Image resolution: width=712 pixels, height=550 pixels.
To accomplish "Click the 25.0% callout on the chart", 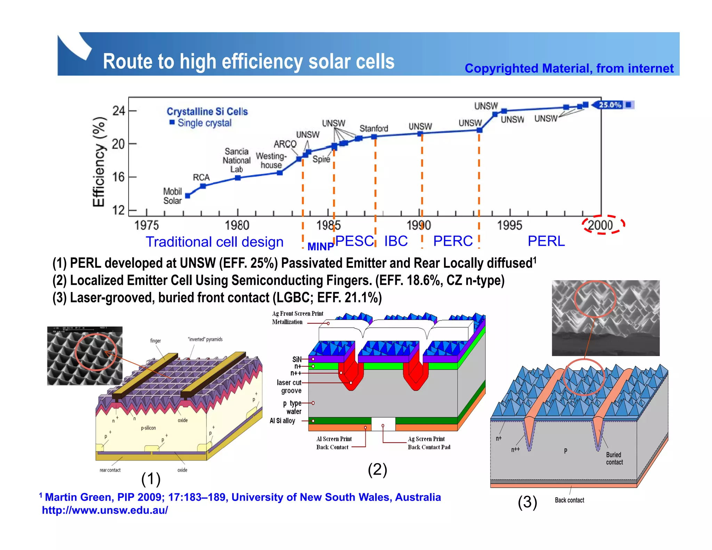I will tap(610, 105).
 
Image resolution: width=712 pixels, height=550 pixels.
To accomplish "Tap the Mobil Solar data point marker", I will tap(188, 196).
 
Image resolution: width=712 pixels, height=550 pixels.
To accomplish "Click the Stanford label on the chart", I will tap(374, 128).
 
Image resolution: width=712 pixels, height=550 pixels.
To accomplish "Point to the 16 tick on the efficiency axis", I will tap(119, 177).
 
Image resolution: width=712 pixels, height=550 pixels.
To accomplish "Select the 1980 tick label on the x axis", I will tap(237, 225).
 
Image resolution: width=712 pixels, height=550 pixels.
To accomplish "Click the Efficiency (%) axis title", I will tap(99, 162).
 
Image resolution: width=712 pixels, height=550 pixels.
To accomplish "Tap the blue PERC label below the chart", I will tap(453, 241).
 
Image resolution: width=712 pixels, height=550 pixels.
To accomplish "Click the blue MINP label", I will tap(321, 246).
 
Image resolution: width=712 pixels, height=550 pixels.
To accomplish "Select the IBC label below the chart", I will tap(396, 241).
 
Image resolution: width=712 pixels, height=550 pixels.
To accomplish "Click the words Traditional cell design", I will tap(215, 242).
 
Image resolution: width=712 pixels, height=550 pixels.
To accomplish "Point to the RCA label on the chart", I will tap(201, 177).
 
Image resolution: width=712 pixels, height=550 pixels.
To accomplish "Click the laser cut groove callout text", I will tap(290, 387).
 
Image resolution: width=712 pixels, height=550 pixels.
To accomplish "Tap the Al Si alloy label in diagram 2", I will tap(282, 421).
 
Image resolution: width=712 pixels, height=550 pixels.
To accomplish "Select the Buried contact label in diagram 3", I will tap(614, 458).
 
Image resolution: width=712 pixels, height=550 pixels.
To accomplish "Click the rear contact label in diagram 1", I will tap(110, 470).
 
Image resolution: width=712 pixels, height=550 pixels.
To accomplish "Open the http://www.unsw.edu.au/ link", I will tap(105, 510).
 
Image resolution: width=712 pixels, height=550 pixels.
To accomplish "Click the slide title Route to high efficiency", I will tap(249, 62).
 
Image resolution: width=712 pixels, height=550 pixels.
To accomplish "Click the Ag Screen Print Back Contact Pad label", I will tap(429, 443).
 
